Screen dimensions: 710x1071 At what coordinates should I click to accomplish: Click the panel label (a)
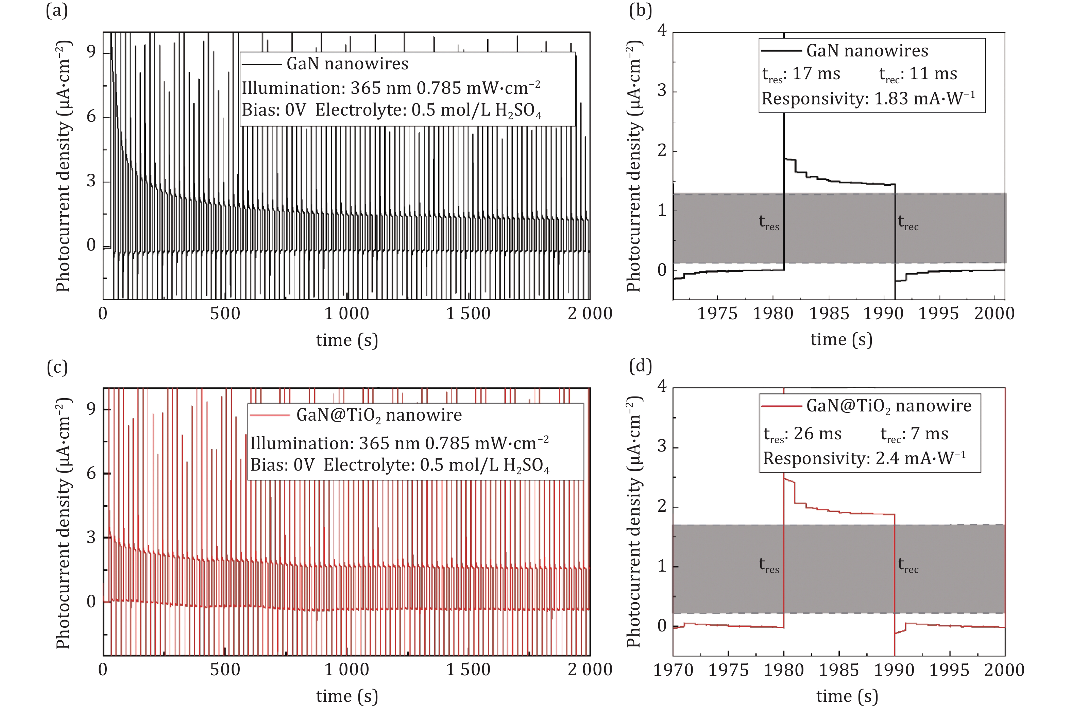click(x=56, y=10)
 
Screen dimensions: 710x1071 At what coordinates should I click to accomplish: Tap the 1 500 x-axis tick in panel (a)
click(x=468, y=313)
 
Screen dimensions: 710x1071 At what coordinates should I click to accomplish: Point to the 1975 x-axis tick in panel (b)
click(x=717, y=313)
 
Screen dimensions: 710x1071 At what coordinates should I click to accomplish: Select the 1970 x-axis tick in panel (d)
click(x=673, y=670)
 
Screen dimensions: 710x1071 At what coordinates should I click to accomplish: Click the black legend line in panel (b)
click(x=781, y=50)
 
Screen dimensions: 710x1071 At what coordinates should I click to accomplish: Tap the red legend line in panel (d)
click(x=781, y=406)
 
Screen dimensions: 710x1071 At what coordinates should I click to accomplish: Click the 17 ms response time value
click(x=817, y=73)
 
